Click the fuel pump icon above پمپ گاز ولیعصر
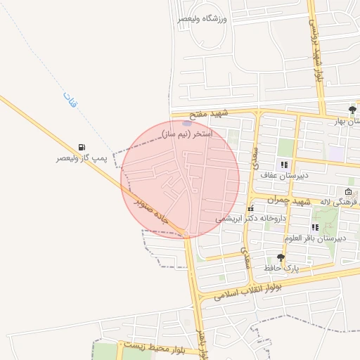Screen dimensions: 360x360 click(83, 147)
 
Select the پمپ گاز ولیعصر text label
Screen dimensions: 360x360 click(82, 159)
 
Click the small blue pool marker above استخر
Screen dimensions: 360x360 click(186, 123)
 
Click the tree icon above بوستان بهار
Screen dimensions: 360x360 click(352, 109)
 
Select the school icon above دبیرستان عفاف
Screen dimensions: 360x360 click(284, 165)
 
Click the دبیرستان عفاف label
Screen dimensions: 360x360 click(277, 175)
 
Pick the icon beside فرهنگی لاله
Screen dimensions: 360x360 click(348, 192)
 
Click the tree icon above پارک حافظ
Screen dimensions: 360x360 click(281, 257)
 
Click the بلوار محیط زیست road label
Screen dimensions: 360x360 click(152, 345)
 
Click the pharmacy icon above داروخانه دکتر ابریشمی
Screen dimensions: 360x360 click(250, 208)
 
